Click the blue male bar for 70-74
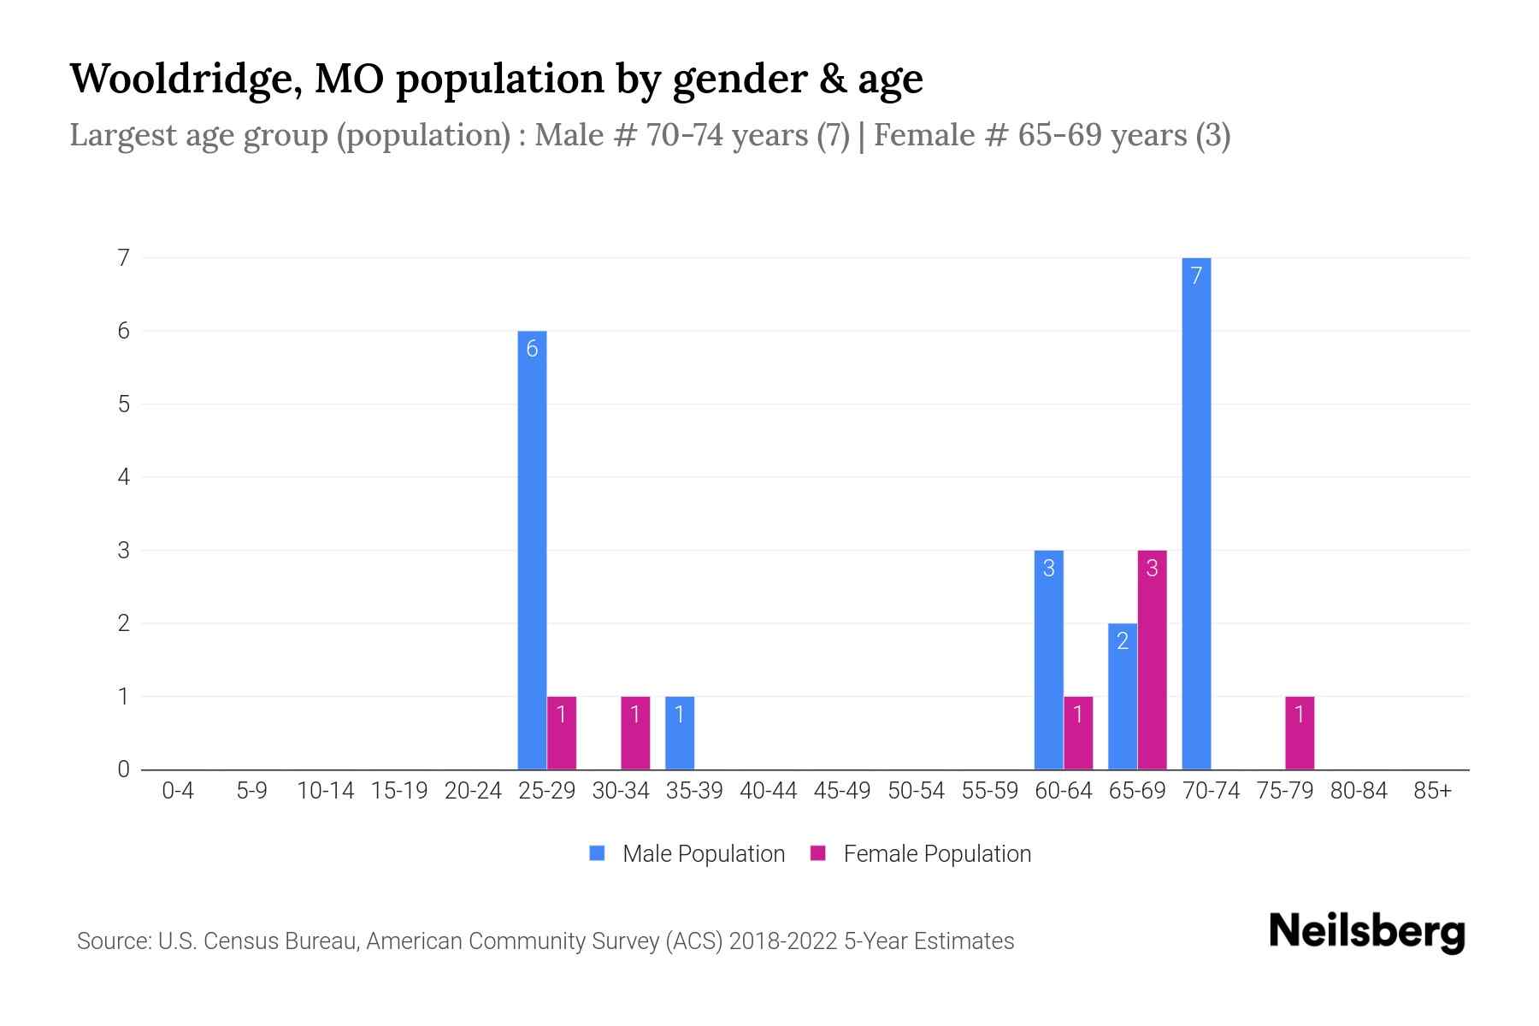[1196, 513]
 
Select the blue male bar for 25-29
[532, 550]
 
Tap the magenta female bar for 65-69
[1152, 659]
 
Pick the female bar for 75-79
[1299, 733]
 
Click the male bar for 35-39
[680, 733]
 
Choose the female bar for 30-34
[635, 733]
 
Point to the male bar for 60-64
[1049, 659]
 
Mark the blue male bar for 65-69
[1123, 696]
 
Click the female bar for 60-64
[1078, 733]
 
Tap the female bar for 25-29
[562, 733]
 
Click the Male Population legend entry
[687, 853]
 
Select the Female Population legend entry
[921, 853]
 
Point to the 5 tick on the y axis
[125, 404]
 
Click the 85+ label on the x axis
[1432, 791]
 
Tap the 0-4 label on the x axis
[178, 791]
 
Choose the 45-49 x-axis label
[842, 791]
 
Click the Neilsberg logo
[1366, 932]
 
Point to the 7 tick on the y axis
[125, 257]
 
